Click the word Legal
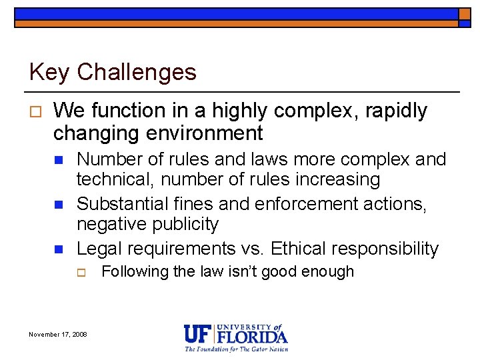point(99,249)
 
